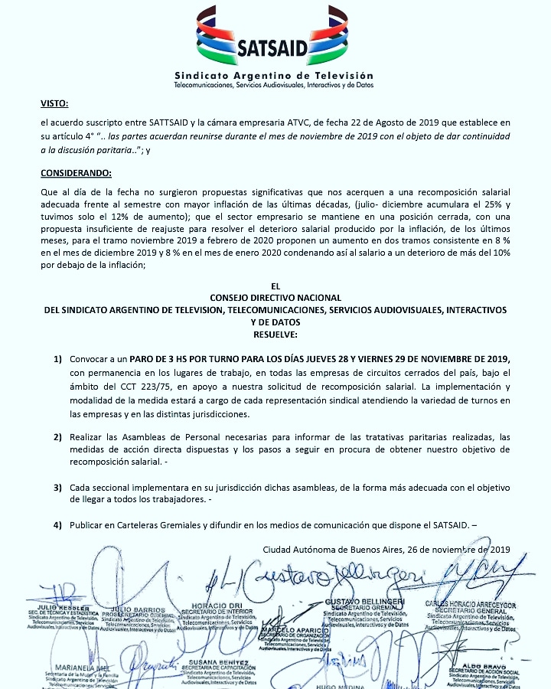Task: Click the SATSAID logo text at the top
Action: pos(274,48)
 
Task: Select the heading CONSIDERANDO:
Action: pos(76,171)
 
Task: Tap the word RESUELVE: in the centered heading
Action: pos(275,335)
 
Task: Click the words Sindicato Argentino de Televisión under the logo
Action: pos(274,76)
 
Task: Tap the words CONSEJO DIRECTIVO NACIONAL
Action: pos(275,297)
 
